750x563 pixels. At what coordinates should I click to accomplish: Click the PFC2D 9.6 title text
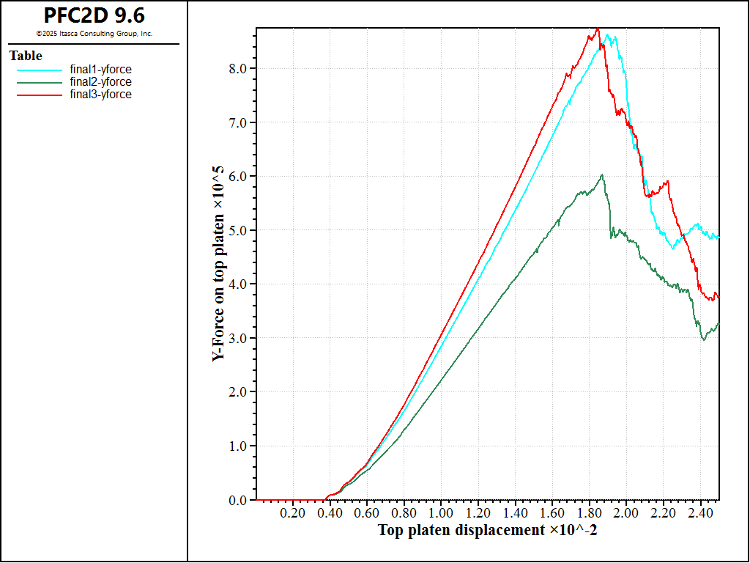[94, 15]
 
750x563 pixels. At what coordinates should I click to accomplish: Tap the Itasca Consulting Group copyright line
[94, 34]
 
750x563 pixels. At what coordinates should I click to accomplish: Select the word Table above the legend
[26, 56]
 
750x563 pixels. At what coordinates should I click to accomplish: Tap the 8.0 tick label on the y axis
[239, 68]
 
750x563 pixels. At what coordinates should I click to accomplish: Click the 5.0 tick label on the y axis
[239, 230]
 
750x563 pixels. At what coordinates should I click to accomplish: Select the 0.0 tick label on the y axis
[239, 500]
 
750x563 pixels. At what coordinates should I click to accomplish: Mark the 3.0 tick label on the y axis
[239, 338]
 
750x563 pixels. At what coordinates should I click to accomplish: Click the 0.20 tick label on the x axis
[292, 512]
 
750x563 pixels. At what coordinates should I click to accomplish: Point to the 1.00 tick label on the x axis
[441, 512]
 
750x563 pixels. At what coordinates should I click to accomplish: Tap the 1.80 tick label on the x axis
[589, 512]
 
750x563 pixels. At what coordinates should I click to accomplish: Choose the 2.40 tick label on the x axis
[700, 512]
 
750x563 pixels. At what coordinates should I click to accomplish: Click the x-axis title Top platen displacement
[487, 530]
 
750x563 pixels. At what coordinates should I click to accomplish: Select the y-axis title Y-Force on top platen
[218, 264]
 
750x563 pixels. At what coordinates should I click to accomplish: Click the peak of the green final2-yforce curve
[601, 175]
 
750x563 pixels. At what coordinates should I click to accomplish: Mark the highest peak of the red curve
[598, 29]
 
